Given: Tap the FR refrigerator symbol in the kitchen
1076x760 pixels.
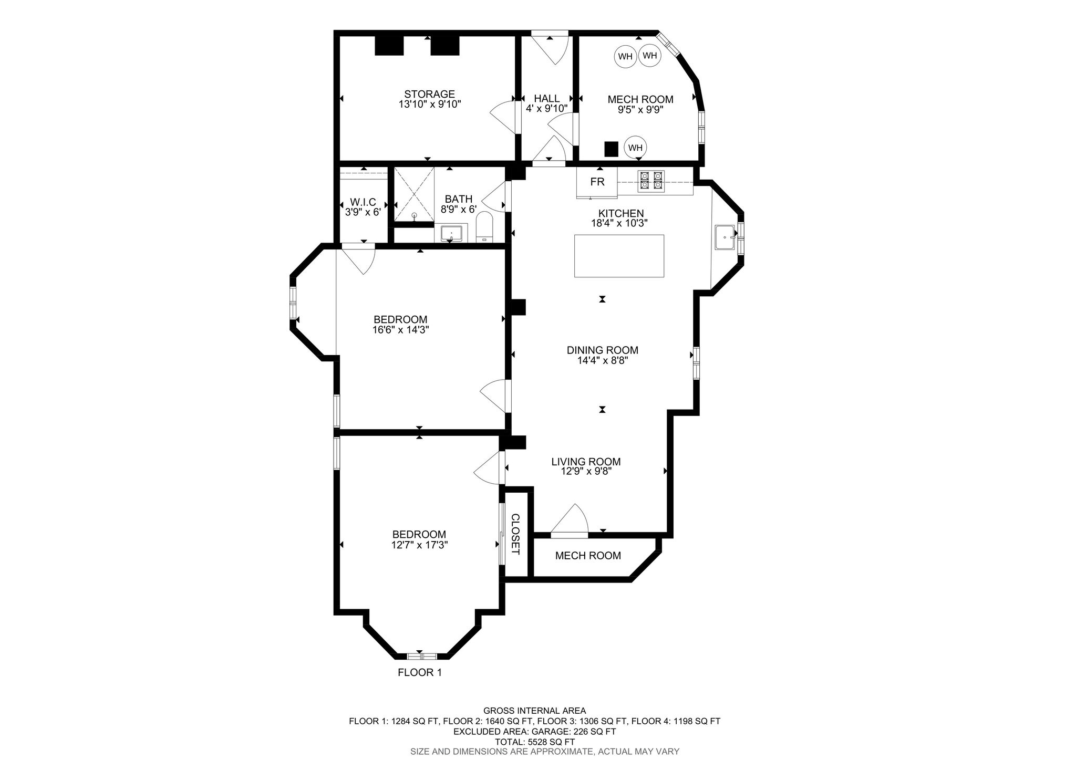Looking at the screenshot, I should pos(597,182).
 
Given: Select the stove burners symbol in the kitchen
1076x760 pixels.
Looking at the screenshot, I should pos(651,180).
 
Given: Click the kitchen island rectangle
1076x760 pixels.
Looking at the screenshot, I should pos(619,256).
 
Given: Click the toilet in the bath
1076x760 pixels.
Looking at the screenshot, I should pos(484,227).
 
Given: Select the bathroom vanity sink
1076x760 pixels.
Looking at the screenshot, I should pos(451,232).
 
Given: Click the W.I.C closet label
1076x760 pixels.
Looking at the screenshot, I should pos(363,202).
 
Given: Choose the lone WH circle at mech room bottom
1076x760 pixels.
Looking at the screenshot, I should pos(635,148).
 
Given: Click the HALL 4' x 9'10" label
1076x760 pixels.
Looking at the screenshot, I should pos(546,103).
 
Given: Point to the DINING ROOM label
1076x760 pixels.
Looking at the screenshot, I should pos(602,350).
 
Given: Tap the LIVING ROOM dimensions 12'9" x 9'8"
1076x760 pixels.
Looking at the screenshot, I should pos(586,472).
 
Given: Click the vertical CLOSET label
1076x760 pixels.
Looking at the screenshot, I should pos(515,534).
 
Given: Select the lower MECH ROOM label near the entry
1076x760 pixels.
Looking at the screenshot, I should pos(587,556).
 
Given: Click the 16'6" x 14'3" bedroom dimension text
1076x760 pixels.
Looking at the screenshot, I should pos(400,330).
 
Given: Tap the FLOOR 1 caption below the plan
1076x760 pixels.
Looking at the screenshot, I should pos(419,672).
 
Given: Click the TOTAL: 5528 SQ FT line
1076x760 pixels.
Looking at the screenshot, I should pos(534,742).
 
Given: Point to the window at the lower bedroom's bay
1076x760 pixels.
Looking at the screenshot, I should pos(422,656).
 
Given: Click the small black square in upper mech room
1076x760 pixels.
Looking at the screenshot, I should pos(611,149).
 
